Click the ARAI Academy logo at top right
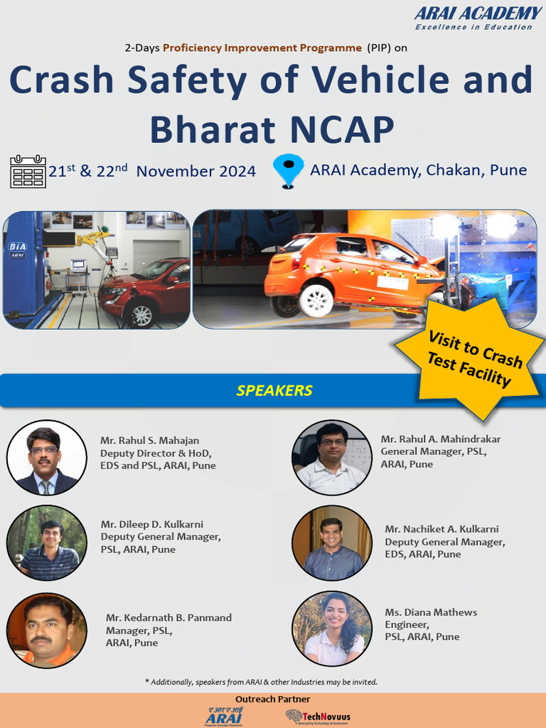478,18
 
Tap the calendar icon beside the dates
28,172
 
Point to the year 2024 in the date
237,171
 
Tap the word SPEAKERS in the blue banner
274,390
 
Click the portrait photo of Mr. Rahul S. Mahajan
46,457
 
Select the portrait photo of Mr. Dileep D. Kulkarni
46,543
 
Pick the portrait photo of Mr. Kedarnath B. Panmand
46,630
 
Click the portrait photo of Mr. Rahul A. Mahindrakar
332,457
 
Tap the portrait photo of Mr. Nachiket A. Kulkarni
332,543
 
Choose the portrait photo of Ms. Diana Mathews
332,628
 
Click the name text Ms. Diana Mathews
431,612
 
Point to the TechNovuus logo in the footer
318,716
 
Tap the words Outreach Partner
273,700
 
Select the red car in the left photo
146,287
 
